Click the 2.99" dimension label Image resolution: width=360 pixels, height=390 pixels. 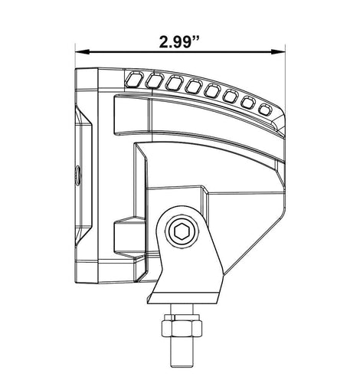coord(179,41)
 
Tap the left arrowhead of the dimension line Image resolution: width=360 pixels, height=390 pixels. coord(82,51)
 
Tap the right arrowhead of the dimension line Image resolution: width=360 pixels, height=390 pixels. coord(278,51)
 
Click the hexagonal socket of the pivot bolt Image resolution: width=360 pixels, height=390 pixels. coord(182,232)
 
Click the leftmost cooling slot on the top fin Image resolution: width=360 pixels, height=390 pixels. coord(134,78)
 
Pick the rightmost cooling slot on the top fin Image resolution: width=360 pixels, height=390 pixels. coord(266,110)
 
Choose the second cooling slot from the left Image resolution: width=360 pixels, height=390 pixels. coord(155,80)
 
